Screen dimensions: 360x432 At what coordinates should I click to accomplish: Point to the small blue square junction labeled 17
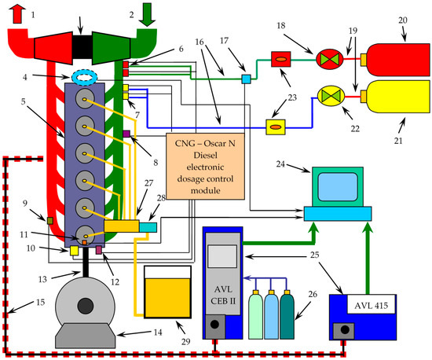(x=245, y=79)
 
